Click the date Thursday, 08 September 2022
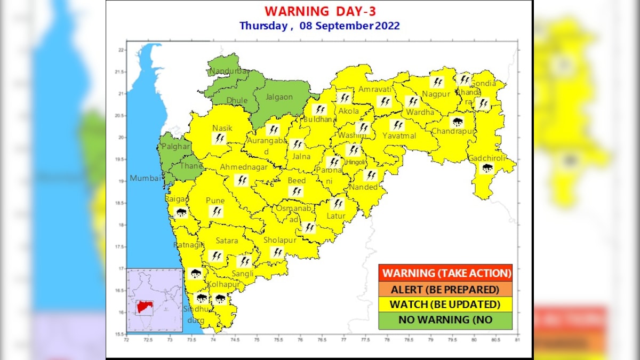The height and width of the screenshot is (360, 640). click(x=319, y=26)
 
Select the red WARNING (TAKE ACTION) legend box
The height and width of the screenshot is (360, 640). click(x=445, y=273)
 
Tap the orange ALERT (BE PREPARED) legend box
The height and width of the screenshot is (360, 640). click(x=445, y=290)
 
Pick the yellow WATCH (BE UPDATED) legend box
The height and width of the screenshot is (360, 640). click(x=445, y=305)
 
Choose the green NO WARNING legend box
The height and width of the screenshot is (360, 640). click(x=445, y=320)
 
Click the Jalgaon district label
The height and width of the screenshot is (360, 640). click(x=280, y=97)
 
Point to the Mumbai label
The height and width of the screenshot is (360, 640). click(x=145, y=179)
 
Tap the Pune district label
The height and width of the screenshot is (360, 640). click(x=215, y=201)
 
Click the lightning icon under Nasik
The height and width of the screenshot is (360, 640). click(x=218, y=139)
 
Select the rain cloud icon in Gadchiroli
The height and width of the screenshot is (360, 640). click(x=487, y=169)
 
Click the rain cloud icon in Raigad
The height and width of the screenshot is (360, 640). click(x=181, y=213)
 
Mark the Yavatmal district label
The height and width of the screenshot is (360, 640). click(x=399, y=135)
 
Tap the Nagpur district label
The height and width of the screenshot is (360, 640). click(x=433, y=94)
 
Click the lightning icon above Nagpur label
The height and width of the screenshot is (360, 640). click(x=437, y=82)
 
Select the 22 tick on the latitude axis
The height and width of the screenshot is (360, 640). click(x=121, y=50)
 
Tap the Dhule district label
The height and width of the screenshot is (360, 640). click(x=237, y=100)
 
